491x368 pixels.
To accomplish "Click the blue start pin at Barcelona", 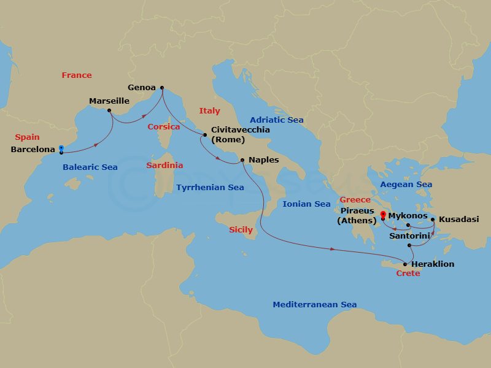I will (x=61, y=148).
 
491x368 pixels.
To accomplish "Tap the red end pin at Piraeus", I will (x=383, y=215).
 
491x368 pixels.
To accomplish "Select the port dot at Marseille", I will (x=109, y=111).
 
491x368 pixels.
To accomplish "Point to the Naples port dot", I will (x=242, y=161).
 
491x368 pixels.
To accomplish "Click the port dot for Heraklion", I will (x=404, y=264).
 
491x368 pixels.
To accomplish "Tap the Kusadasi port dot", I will (x=433, y=219).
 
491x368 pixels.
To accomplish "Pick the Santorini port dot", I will (x=409, y=245).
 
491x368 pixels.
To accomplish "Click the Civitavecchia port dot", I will (x=205, y=134).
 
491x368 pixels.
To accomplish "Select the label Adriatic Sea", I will (x=276, y=120).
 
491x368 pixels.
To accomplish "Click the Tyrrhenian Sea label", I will (x=210, y=188).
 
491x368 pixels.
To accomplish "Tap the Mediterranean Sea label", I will (x=314, y=305).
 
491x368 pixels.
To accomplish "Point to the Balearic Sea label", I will (x=90, y=167).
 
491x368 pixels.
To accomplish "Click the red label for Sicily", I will (x=241, y=230).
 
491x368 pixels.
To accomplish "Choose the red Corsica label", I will (x=164, y=127).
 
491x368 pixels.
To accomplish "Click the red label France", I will (x=77, y=75).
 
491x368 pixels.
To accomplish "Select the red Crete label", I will (x=408, y=274).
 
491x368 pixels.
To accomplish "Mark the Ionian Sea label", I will (x=306, y=204).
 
